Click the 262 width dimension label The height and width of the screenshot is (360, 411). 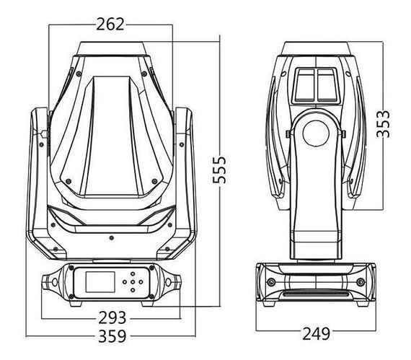coord(110,25)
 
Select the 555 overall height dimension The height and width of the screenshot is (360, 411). coord(219,170)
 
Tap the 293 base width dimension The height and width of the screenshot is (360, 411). coord(112,318)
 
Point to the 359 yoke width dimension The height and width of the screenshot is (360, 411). coord(112,336)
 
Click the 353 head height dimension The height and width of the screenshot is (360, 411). coord(383,124)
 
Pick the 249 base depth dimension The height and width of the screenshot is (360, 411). coord(316,334)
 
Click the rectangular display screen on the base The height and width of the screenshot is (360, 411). coord(100,282)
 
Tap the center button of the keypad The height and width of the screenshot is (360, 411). coord(133,282)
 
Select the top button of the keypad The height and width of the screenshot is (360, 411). coord(133,274)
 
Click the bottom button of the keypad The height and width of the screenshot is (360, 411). coord(133,290)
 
